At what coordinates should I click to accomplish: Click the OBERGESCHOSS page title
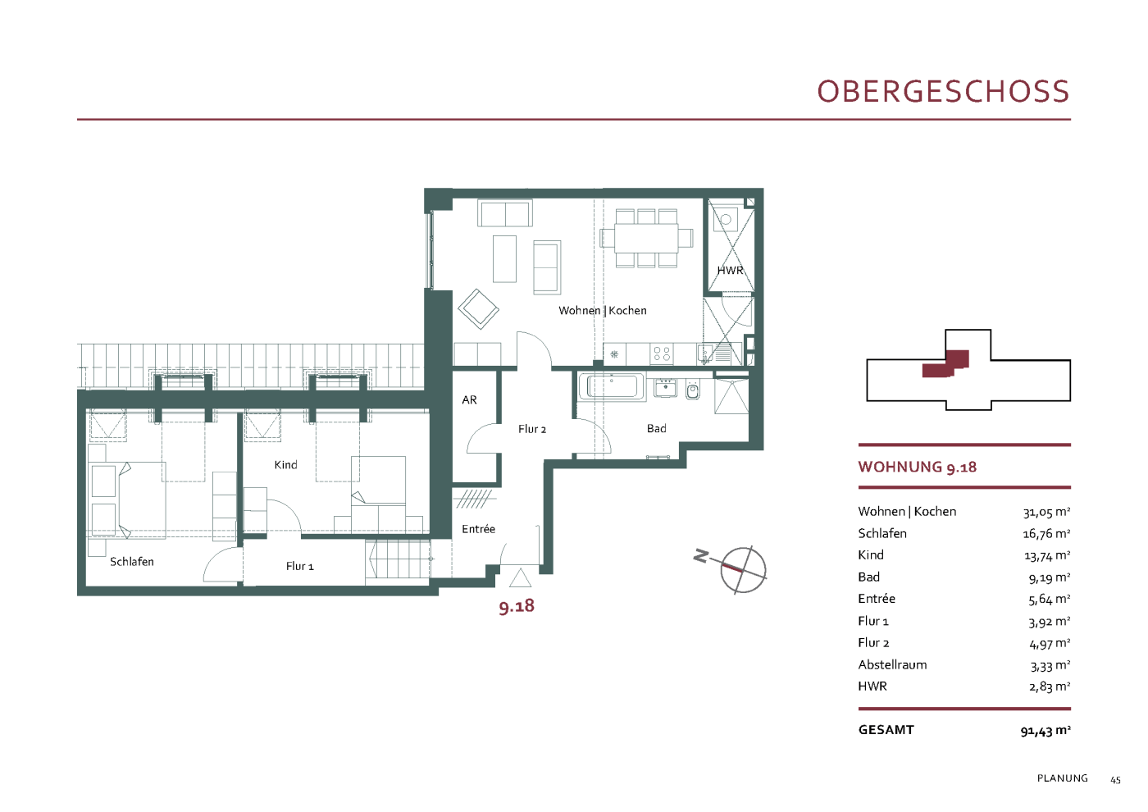coord(943,91)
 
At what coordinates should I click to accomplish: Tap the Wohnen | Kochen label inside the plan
coord(602,311)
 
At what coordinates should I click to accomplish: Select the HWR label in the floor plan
coord(730,271)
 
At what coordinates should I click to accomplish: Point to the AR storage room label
coord(469,400)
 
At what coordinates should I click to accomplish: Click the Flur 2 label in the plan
coord(532,429)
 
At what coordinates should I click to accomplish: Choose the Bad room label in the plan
coord(657,428)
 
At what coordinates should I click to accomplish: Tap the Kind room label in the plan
coord(285,465)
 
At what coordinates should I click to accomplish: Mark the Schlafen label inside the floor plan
coord(132,562)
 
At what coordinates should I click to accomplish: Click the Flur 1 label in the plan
coord(300,567)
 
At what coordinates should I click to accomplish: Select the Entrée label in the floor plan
coord(478,529)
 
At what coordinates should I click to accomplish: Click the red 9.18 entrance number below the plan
coord(517,606)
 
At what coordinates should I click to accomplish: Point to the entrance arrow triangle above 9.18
coord(520,577)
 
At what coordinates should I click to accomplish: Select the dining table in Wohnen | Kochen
coord(646,238)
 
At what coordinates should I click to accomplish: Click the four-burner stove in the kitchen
coord(662,354)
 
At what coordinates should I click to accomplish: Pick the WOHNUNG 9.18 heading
coord(918,467)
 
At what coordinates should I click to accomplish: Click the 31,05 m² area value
coord(1046,512)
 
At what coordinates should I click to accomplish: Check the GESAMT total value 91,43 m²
coord(1045,731)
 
